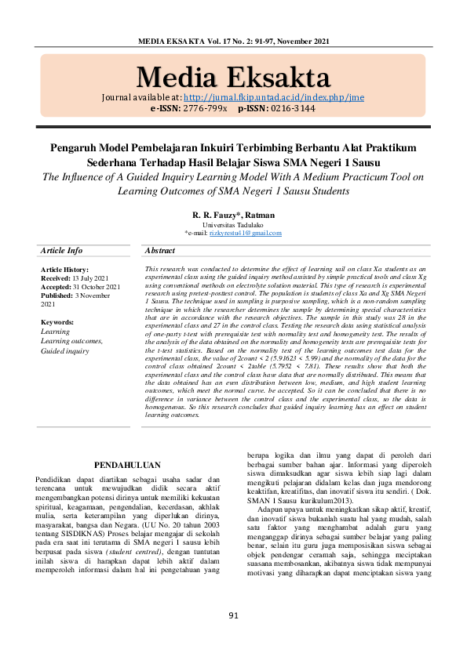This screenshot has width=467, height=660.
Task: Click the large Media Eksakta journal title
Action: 233,78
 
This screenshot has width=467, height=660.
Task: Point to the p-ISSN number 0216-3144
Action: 289,109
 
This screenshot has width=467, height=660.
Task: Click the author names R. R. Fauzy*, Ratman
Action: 233,215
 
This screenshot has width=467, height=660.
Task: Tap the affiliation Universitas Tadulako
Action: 233,224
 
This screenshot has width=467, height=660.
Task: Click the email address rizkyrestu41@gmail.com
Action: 244,233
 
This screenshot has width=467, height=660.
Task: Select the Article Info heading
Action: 61,251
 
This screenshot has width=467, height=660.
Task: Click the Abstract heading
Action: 160,251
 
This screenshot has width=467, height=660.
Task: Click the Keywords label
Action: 57,322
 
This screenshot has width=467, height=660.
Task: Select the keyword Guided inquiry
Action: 65,350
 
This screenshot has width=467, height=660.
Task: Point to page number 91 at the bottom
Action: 233,637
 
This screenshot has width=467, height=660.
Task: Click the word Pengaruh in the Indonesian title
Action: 75,147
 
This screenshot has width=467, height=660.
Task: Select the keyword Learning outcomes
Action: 71,341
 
